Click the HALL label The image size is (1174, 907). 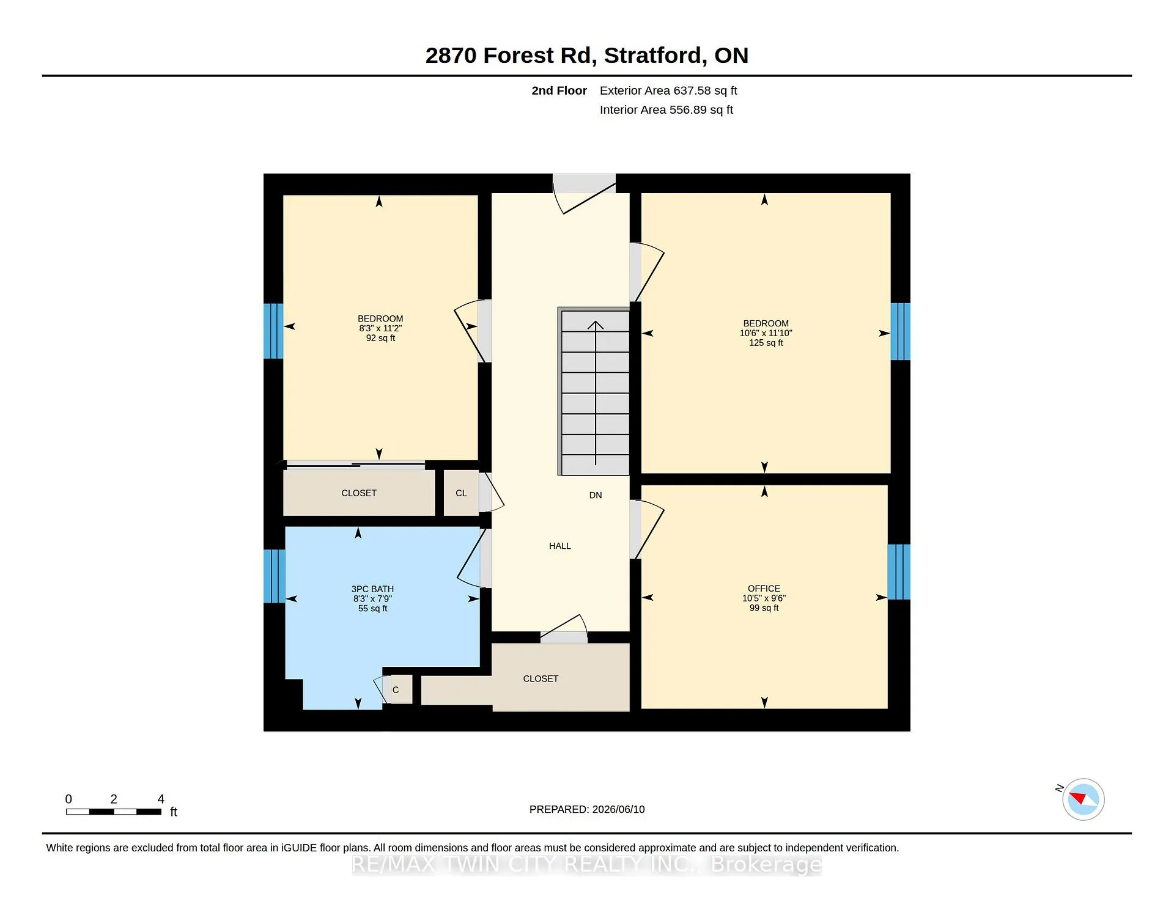[559, 546]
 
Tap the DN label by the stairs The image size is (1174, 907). [596, 495]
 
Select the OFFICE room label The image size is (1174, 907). [764, 589]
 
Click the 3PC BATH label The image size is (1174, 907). [372, 589]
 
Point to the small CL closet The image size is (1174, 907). [461, 493]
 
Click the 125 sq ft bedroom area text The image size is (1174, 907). [766, 343]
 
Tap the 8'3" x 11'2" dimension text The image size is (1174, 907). [380, 328]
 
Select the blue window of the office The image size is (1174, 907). [899, 571]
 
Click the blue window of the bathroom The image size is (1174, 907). [275, 576]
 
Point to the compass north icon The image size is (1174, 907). [1083, 799]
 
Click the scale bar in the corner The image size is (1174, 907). [114, 812]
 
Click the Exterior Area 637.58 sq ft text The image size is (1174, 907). [668, 90]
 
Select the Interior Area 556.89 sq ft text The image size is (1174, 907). [666, 110]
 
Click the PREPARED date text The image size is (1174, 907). [587, 809]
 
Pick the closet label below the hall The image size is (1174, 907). [541, 678]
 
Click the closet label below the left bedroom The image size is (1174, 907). [359, 493]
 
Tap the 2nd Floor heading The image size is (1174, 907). [559, 90]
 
